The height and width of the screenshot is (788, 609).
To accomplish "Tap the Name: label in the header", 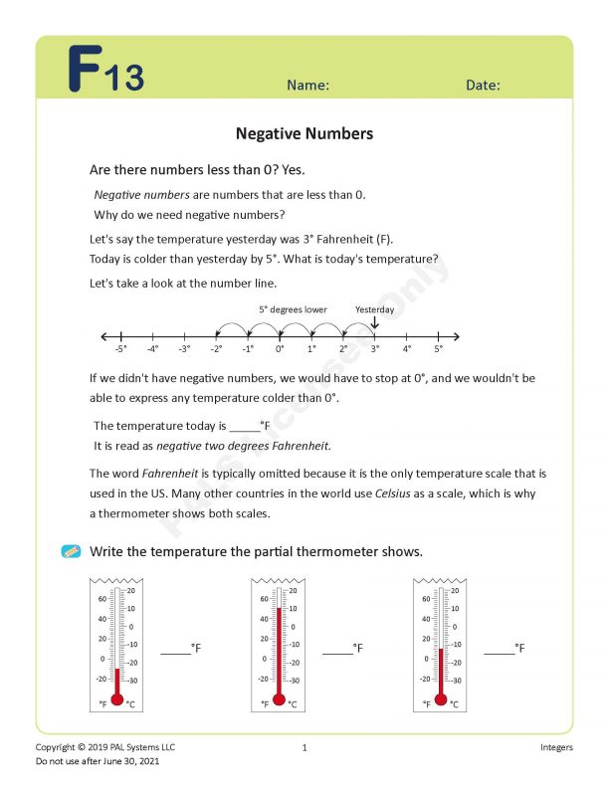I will tap(307, 86).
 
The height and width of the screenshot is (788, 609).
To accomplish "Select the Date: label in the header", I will tap(483, 86).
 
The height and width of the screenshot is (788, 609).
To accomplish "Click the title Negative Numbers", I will tap(304, 133).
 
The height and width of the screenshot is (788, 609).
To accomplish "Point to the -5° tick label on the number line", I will tap(120, 349).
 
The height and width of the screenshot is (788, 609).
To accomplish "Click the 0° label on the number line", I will tap(280, 349).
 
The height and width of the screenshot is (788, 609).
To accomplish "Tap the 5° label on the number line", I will tap(438, 349).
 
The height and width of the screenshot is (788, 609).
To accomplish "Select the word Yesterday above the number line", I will tap(374, 309).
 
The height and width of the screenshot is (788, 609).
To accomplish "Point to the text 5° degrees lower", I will tap(293, 309).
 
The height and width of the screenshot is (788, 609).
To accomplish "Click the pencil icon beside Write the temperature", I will tap(71, 551).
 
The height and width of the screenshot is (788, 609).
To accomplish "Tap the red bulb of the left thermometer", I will tap(116, 699).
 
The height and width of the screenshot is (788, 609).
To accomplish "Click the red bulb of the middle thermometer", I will tap(279, 699).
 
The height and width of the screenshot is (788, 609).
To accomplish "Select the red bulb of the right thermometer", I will tap(441, 699).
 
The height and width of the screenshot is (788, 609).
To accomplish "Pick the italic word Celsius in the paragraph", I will tap(393, 493).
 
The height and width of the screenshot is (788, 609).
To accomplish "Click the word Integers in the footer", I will tap(554, 747).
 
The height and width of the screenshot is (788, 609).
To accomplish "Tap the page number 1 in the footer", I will tap(304, 747).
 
